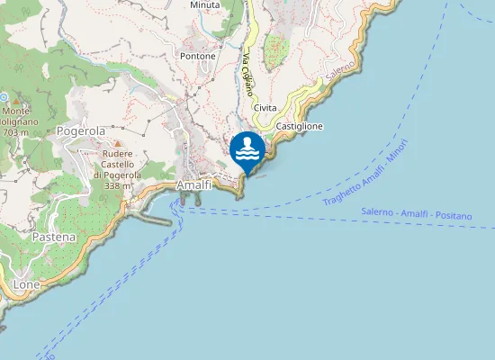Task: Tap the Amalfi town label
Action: pyautogui.click(x=193, y=184)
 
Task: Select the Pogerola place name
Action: pyautogui.click(x=81, y=131)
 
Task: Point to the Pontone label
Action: pyautogui.click(x=198, y=56)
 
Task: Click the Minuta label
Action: pyautogui.click(x=204, y=4)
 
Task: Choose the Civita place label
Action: pyautogui.click(x=265, y=108)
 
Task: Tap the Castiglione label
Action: pyautogui.click(x=300, y=126)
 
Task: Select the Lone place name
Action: pyautogui.click(x=28, y=284)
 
